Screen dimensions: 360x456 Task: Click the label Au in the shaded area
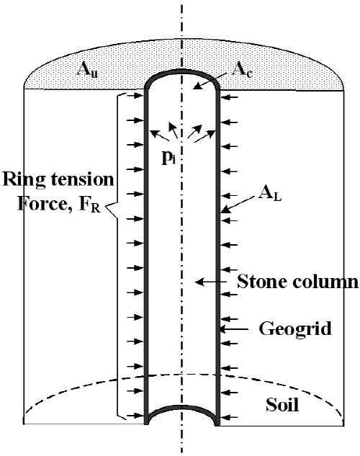point(87,70)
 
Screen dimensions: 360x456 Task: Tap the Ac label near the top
point(242,70)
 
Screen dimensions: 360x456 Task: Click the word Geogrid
point(295,329)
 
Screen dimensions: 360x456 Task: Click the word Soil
point(282,404)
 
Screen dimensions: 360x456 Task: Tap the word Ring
point(24,180)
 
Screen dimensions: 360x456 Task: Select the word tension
point(83,179)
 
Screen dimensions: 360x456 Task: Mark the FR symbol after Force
point(89,205)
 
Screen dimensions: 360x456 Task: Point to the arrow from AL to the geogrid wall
point(237,205)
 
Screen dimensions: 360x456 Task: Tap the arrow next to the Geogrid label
point(234,329)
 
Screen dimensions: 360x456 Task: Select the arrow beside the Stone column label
point(210,282)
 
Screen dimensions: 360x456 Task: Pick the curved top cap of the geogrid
point(182,71)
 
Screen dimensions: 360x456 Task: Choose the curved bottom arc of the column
point(182,407)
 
